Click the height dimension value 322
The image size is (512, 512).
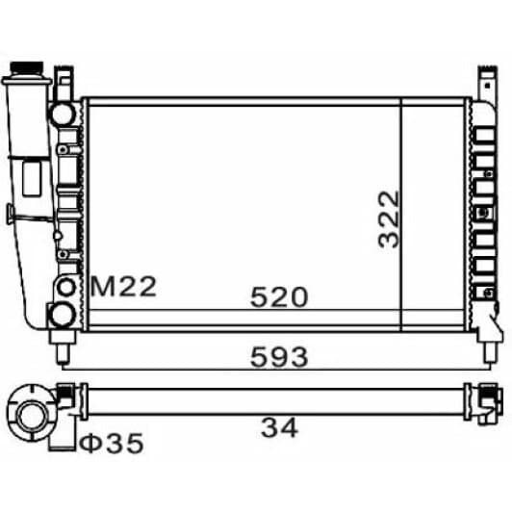(389, 218)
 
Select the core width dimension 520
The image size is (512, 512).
(279, 297)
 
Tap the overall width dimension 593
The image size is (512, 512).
(279, 357)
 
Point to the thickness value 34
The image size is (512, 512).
(280, 425)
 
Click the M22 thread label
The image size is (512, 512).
(122, 286)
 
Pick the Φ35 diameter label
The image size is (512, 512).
(111, 444)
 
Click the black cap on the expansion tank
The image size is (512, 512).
(26, 72)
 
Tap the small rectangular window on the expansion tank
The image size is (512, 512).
(30, 179)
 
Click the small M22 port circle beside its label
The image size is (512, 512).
(67, 286)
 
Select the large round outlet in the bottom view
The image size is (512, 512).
(31, 414)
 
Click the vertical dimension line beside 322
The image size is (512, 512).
(400, 214)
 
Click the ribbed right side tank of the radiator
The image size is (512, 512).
(480, 212)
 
